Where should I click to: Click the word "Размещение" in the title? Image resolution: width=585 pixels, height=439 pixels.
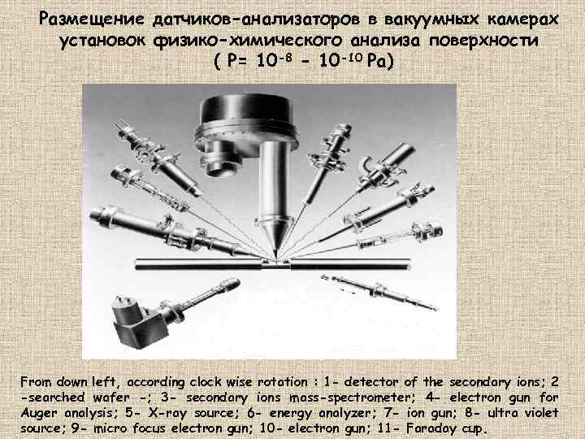(91, 20)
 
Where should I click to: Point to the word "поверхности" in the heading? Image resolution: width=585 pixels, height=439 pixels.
(483, 41)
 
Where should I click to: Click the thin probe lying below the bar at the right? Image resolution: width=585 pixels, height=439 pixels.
(379, 292)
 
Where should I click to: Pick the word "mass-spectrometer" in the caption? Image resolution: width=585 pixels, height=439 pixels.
(349, 398)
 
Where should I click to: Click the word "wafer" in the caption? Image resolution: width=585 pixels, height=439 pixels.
(110, 398)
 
